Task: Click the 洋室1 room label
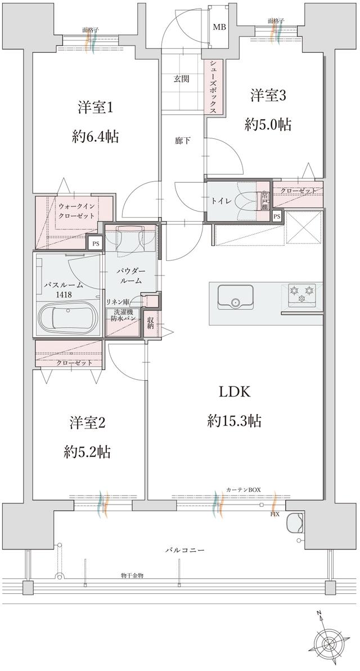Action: click(94, 107)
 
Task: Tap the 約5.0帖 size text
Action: click(268, 124)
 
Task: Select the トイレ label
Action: click(219, 201)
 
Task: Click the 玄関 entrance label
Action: click(181, 79)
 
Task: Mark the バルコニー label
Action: click(184, 549)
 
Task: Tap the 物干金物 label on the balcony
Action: click(132, 575)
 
